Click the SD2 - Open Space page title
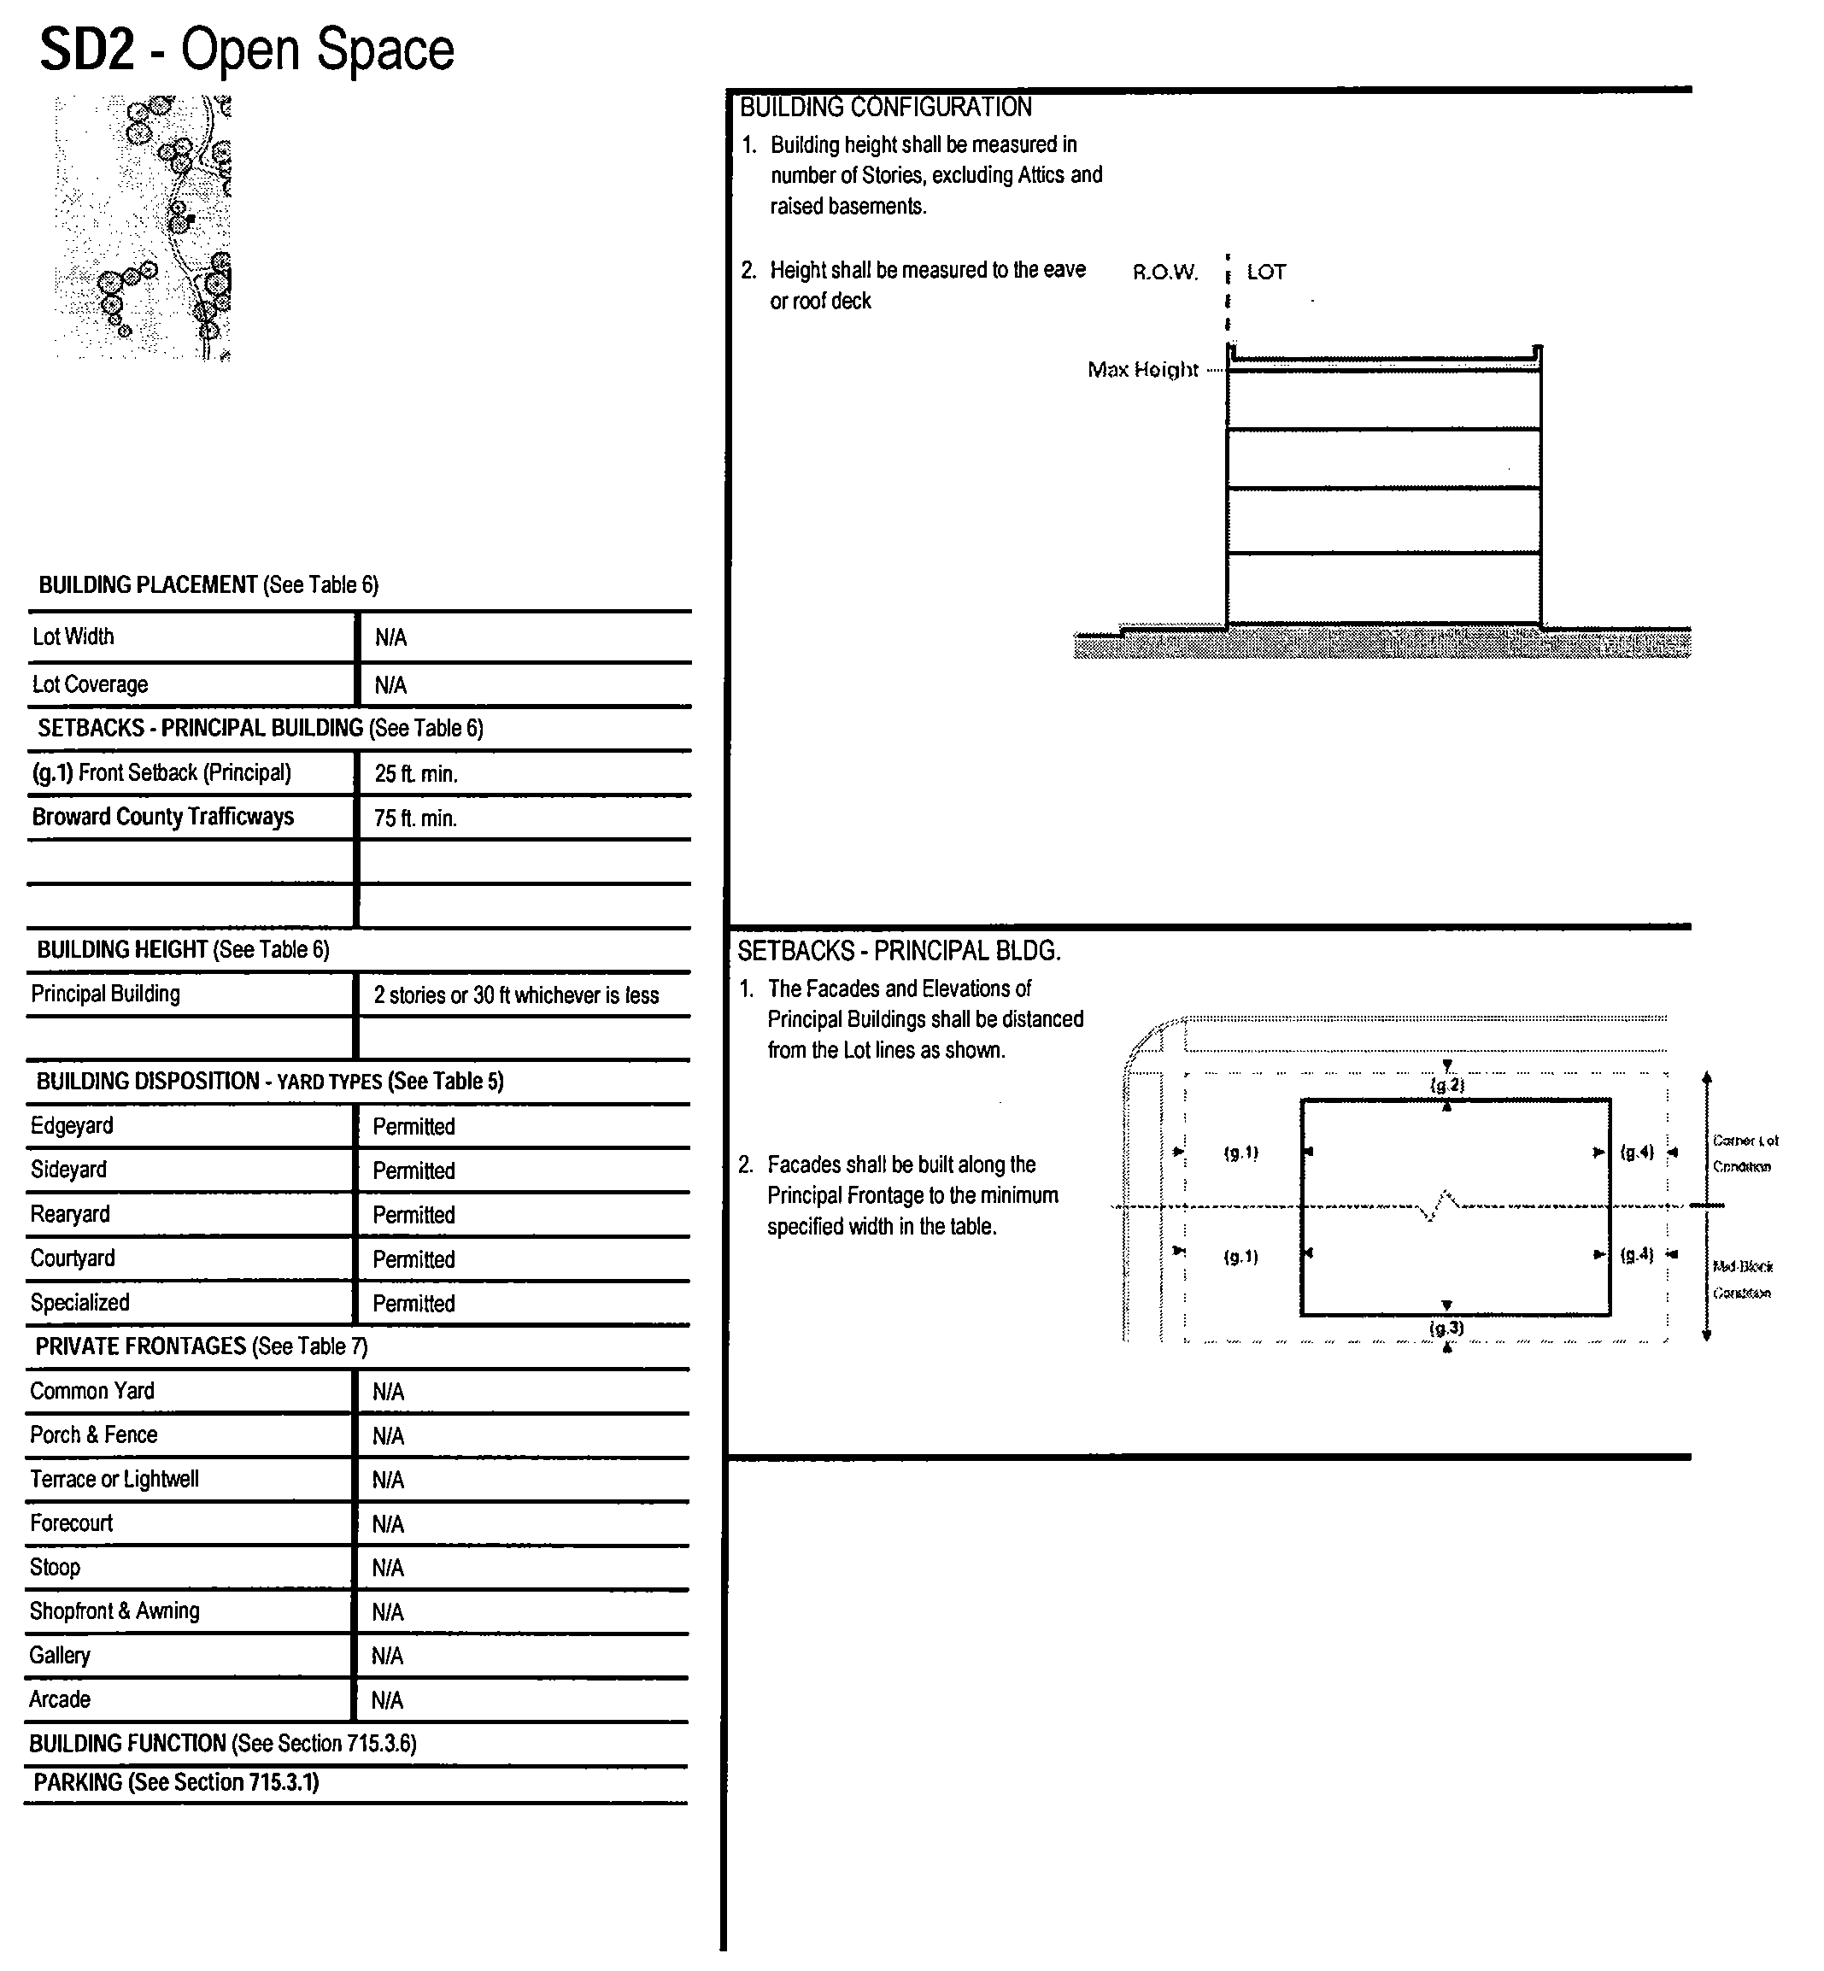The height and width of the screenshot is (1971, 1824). pyautogui.click(x=247, y=50)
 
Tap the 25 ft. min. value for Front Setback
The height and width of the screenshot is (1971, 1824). pyautogui.click(x=415, y=774)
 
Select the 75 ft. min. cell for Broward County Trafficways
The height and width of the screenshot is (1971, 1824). pyautogui.click(x=415, y=818)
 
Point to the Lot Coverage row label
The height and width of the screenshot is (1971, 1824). pyautogui.click(x=90, y=684)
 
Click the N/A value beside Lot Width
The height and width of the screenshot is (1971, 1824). pyautogui.click(x=391, y=637)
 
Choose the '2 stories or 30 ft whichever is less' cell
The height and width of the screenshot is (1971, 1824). pyautogui.click(x=515, y=994)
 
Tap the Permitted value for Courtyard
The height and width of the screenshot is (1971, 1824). pyautogui.click(x=413, y=1259)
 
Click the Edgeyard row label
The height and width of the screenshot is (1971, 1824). pyautogui.click(x=72, y=1126)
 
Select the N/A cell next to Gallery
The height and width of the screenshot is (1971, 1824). pyautogui.click(x=388, y=1656)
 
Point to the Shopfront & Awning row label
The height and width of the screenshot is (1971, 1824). pyautogui.click(x=114, y=1610)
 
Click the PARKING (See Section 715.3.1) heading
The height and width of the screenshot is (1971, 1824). pyautogui.click(x=177, y=1781)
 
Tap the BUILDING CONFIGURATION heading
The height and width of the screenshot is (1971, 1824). pyautogui.click(x=885, y=107)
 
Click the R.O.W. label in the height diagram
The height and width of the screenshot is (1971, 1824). pyautogui.click(x=1164, y=273)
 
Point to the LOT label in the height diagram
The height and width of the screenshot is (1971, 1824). pyautogui.click(x=1266, y=273)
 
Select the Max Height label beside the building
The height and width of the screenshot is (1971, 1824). pyautogui.click(x=1142, y=370)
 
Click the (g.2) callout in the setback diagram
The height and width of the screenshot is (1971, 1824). pyautogui.click(x=1447, y=1085)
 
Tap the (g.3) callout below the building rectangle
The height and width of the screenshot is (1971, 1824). pyautogui.click(x=1447, y=1329)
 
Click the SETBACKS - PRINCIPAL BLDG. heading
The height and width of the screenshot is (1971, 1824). pyautogui.click(x=898, y=952)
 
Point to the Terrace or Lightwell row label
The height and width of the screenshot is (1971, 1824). pyautogui.click(x=114, y=1479)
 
